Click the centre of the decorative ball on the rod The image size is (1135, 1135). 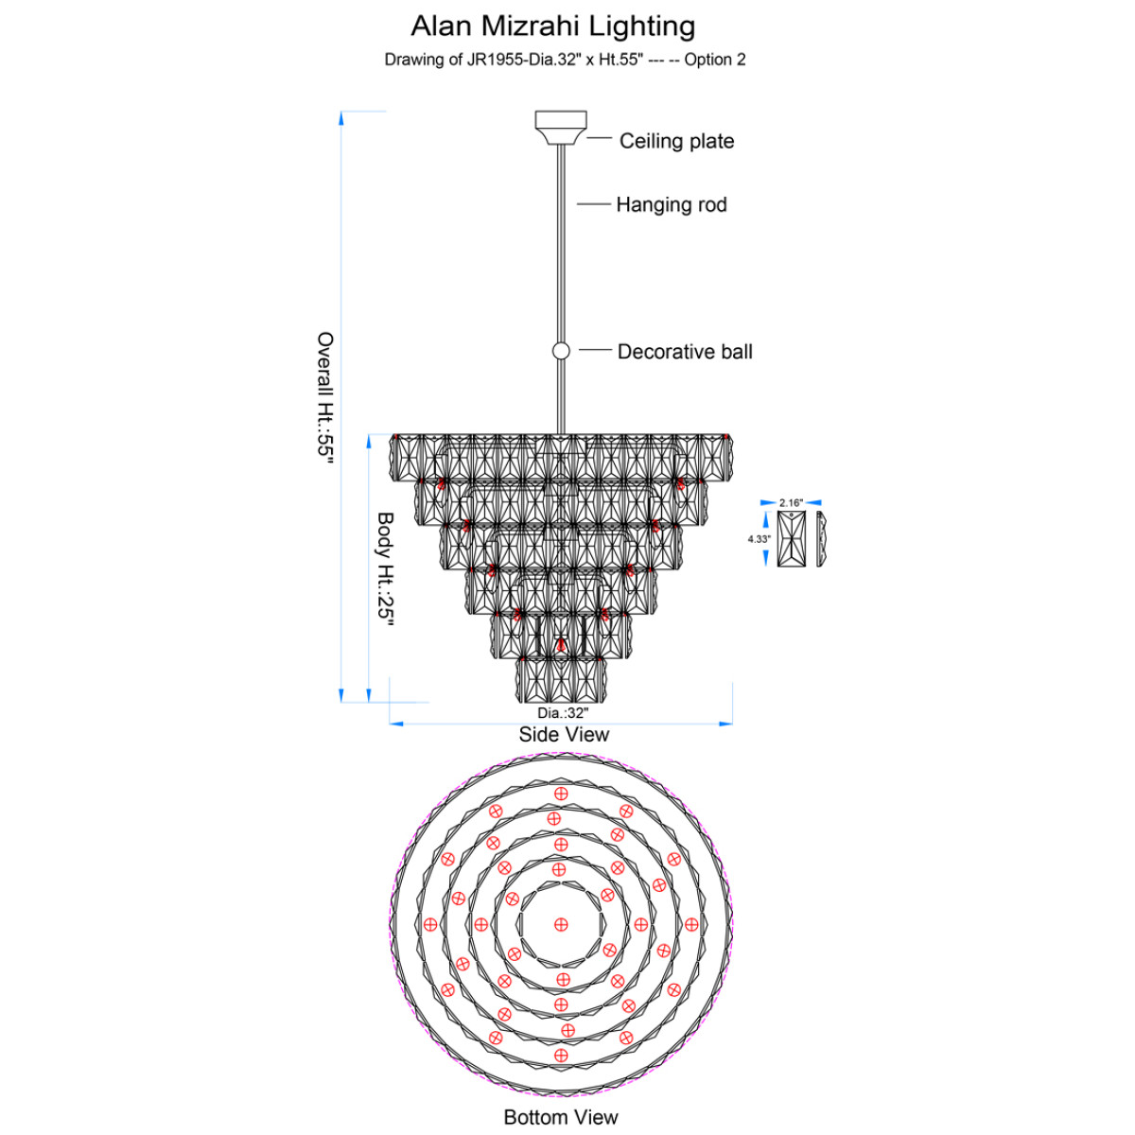click(x=561, y=351)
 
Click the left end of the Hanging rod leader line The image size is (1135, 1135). click(x=577, y=204)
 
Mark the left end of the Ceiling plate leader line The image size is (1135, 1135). click(x=587, y=138)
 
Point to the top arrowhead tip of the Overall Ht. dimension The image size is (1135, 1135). click(x=341, y=112)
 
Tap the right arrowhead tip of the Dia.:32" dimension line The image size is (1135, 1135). click(x=732, y=724)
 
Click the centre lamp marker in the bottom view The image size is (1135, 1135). click(x=561, y=925)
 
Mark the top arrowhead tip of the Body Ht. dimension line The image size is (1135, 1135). click(x=369, y=435)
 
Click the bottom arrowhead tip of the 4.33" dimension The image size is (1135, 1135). click(x=766, y=567)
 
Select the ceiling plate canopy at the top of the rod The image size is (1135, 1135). click(x=561, y=128)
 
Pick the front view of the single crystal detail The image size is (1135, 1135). click(x=791, y=539)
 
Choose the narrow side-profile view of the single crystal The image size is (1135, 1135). click(x=821, y=539)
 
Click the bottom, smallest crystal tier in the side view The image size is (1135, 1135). click(x=561, y=680)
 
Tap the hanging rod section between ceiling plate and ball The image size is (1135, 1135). click(x=561, y=244)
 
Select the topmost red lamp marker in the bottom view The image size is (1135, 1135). click(x=561, y=794)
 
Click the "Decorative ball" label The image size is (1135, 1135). click(x=685, y=352)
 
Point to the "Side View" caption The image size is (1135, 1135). click(x=564, y=735)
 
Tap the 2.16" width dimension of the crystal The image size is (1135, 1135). click(x=791, y=502)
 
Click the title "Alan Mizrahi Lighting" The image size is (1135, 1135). click(x=553, y=26)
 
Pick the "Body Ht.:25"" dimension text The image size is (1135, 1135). click(x=386, y=569)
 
